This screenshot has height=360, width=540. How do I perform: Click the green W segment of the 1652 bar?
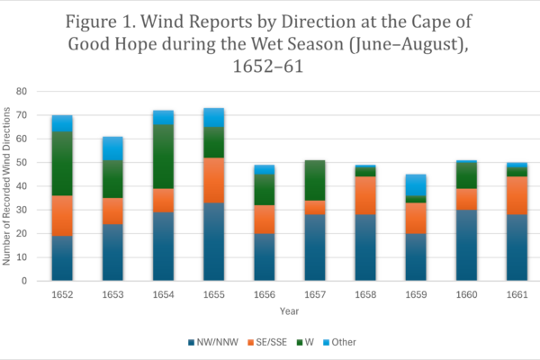coord(62,164)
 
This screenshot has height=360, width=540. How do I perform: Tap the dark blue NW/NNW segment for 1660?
coord(466,245)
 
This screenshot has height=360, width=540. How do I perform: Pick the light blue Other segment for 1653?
coord(112,148)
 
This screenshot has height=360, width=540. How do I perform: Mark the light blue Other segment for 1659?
coord(416,184)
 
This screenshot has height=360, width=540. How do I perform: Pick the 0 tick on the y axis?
coord(25,281)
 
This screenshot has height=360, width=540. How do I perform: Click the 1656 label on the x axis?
coord(264,294)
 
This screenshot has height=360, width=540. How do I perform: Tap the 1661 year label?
coord(517,294)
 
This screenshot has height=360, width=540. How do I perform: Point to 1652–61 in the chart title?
coord(271,66)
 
